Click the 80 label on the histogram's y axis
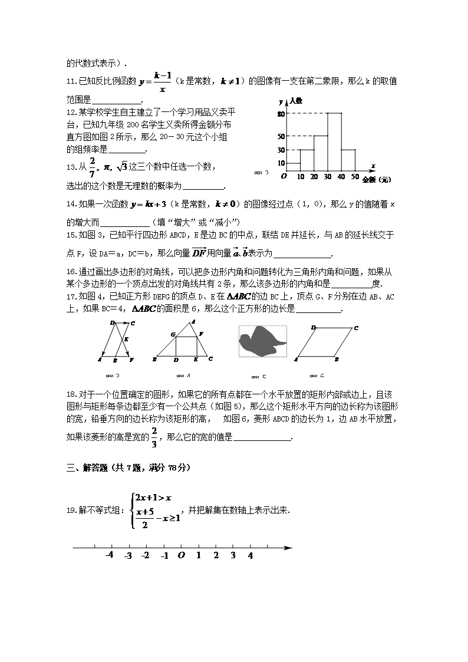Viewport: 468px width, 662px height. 281,114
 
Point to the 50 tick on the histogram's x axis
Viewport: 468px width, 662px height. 355,176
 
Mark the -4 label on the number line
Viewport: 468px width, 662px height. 109,556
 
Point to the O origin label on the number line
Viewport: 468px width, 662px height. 182,556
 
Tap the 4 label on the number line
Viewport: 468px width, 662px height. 250,556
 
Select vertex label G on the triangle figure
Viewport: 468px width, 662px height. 173,334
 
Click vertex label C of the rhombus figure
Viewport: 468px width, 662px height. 357,328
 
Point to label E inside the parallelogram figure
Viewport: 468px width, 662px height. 126,340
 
